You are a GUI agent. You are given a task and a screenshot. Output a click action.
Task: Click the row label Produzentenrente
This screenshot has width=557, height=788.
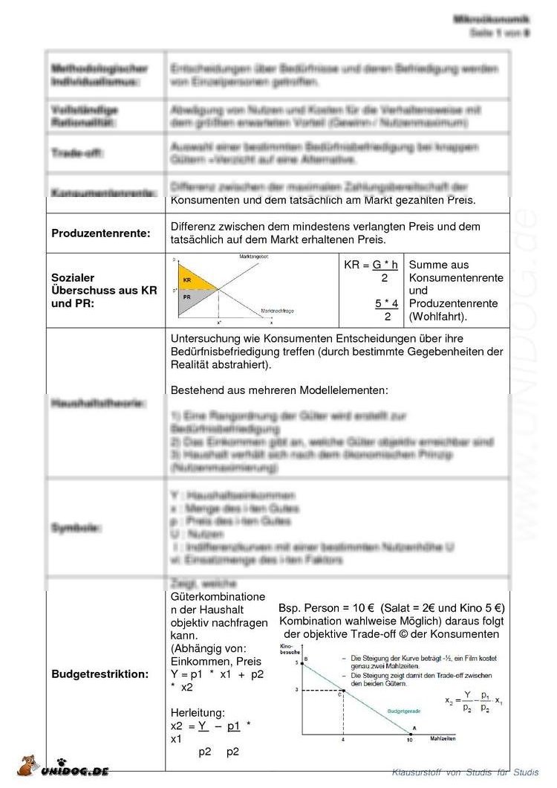(100, 233)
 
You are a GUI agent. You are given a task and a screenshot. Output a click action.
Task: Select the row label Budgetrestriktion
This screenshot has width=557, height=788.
(100, 674)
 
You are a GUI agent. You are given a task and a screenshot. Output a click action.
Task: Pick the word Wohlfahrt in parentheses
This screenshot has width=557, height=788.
(438, 317)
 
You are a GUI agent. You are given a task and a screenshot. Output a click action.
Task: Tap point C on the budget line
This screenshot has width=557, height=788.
(342, 692)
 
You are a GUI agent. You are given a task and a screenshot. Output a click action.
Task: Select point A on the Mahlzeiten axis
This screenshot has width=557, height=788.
(413, 729)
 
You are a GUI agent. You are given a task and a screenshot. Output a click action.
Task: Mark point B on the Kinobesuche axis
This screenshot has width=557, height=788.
(304, 659)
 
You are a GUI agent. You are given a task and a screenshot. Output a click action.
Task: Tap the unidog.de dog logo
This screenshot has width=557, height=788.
(27, 767)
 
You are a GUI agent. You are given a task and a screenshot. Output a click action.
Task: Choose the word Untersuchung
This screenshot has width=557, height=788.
(208, 339)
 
